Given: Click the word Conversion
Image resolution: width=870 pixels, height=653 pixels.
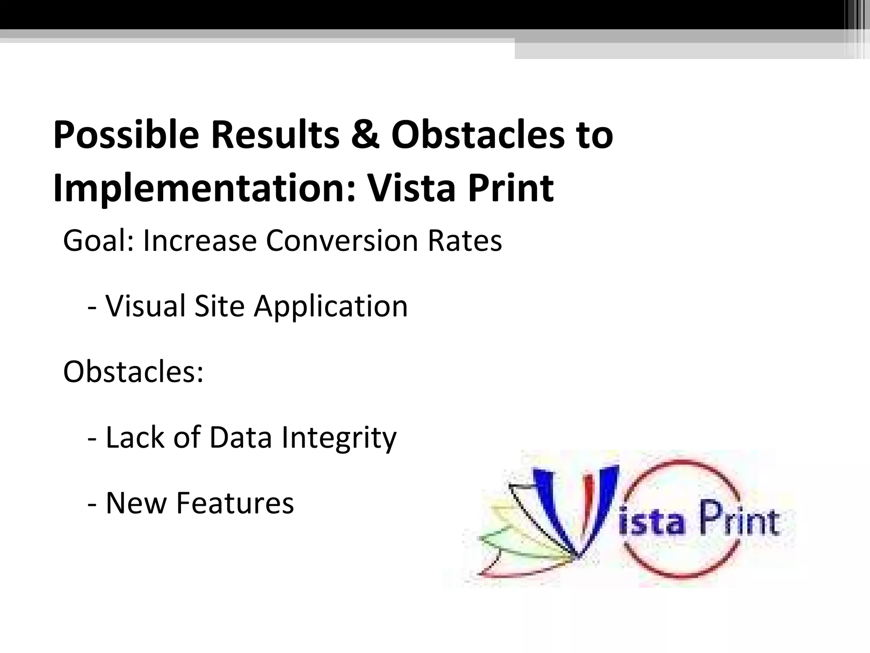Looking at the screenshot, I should pos(342,241).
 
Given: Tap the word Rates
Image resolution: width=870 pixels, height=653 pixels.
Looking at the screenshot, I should pos(465,241).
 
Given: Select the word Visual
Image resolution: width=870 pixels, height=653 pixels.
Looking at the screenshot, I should pos(146,306).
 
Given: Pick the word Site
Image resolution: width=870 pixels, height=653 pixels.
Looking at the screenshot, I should pos(219,306).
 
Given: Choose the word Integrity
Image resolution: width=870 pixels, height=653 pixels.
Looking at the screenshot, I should pos(339,438).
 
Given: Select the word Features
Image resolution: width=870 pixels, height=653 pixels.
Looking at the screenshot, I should pos(235,503).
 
